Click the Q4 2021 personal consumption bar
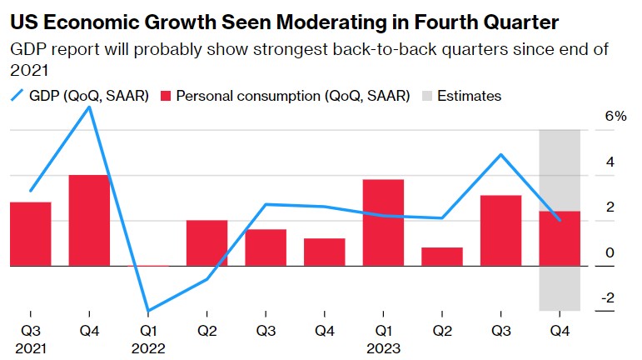pyautogui.click(x=89, y=220)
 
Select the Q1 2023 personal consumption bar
pyautogui.click(x=383, y=222)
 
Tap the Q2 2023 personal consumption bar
pyautogui.click(x=441, y=257)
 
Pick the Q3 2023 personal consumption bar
pyautogui.click(x=500, y=231)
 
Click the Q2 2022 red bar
pyautogui.click(x=207, y=243)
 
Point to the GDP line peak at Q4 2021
pyautogui.click(x=89, y=107)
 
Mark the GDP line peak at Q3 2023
pyautogui.click(x=500, y=155)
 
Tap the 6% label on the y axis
pyautogui.click(x=615, y=116)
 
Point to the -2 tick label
pyautogui.click(x=609, y=297)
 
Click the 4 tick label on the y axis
pyautogui.click(x=610, y=161)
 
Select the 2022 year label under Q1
pyautogui.click(x=148, y=348)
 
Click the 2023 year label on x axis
pyautogui.click(x=383, y=348)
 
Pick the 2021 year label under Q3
pyautogui.click(x=31, y=348)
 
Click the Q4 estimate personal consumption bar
pyautogui.click(x=560, y=238)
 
